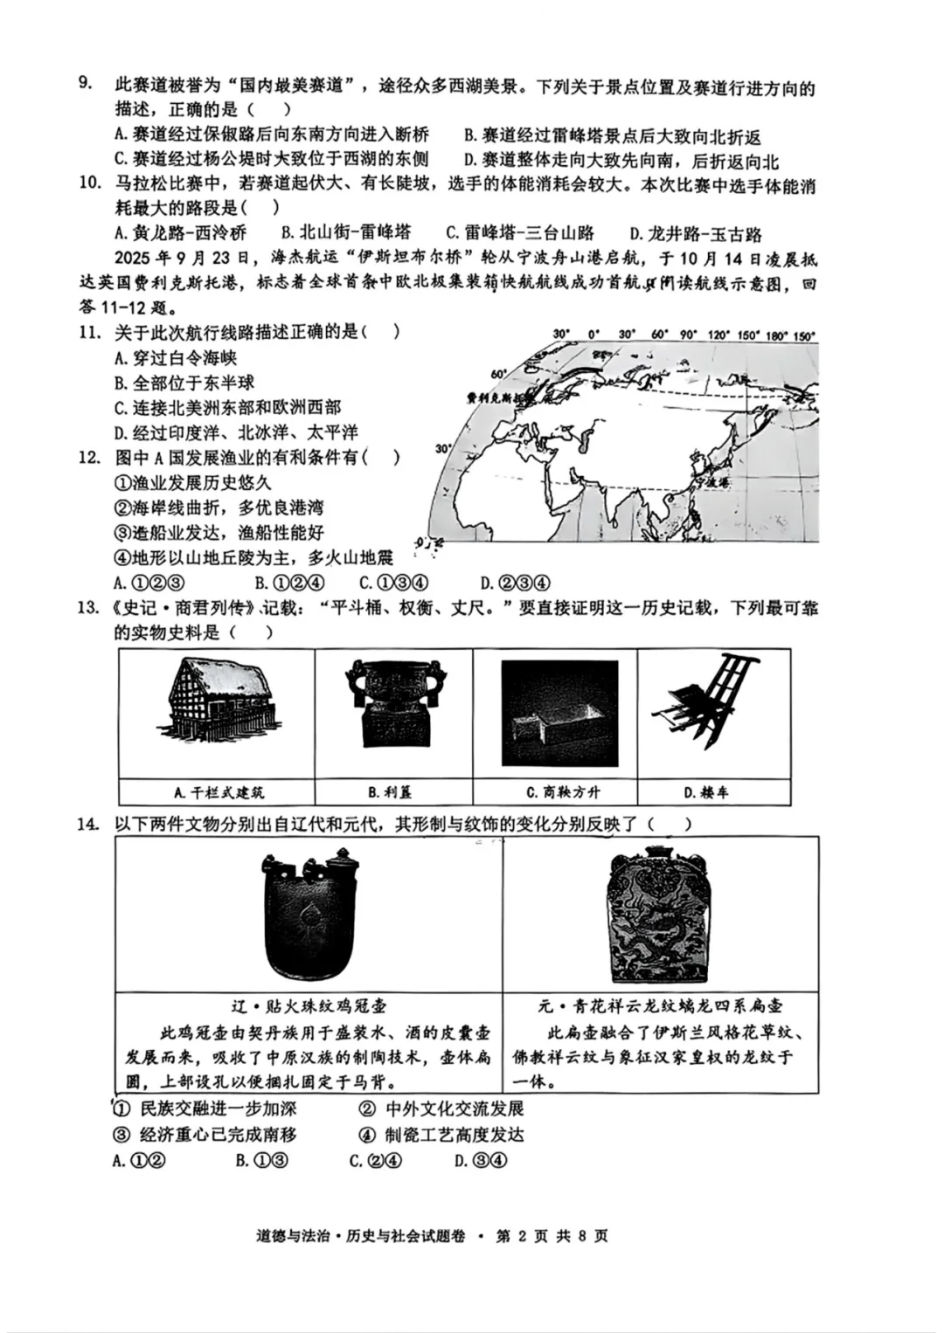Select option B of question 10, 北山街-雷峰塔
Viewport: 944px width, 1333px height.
345,232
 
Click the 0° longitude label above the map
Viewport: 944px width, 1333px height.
594,335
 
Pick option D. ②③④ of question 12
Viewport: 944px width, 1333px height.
514,583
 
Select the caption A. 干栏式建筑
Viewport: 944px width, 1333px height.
218,792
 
